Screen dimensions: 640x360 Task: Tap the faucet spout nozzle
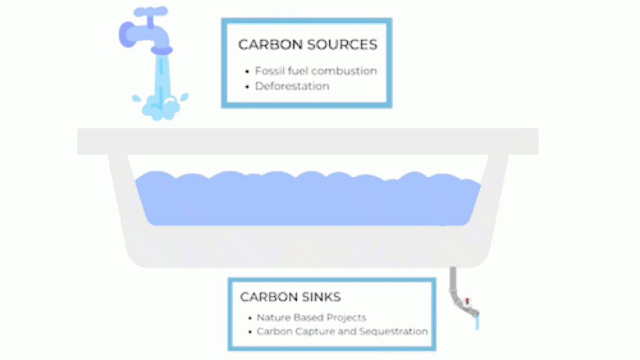(x=162, y=50)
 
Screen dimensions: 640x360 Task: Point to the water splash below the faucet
(x=160, y=106)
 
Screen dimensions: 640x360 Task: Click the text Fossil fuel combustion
(x=316, y=71)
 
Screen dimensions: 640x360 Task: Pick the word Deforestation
(x=292, y=86)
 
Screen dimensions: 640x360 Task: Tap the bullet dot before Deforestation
(x=247, y=87)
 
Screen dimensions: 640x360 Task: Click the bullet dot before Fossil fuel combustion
(x=247, y=72)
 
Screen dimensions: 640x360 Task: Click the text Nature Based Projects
(x=311, y=317)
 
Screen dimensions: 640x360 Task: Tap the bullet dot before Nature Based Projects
(x=250, y=318)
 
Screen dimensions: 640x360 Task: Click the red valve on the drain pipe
(x=467, y=302)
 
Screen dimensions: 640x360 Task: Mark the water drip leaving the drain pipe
(x=477, y=322)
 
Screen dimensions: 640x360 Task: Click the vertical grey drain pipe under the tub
(x=453, y=280)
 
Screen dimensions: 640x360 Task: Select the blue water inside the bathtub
(x=308, y=199)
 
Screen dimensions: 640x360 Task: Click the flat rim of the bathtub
(x=307, y=142)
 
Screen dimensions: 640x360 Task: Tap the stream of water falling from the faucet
(x=162, y=77)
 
